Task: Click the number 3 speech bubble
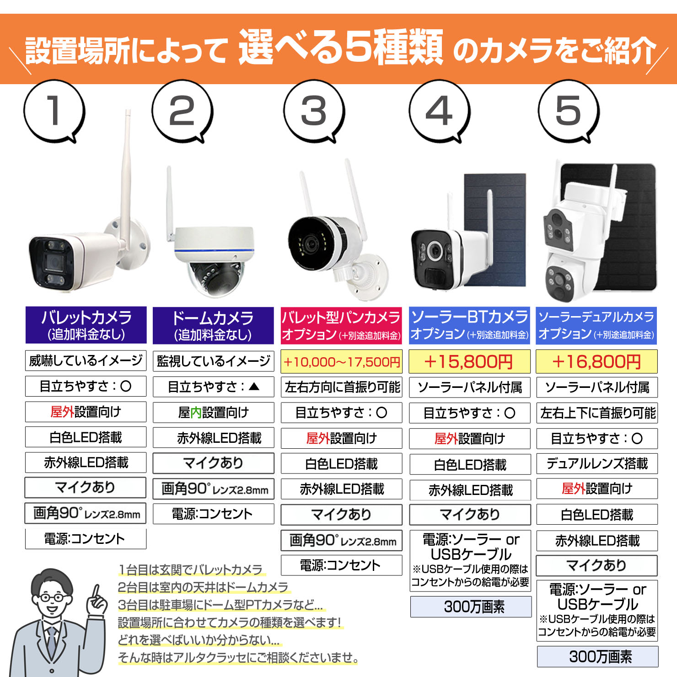314,111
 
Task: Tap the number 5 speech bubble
568,111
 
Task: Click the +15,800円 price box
469,362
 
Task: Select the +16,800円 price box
596,362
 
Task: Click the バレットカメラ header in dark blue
86,325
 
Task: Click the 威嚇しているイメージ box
86,361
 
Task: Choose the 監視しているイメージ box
213,361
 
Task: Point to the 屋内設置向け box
213,413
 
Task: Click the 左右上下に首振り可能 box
597,413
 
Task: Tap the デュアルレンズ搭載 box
597,464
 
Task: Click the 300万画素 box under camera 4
471,607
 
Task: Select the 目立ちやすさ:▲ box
213,387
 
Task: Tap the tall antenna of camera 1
127,174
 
